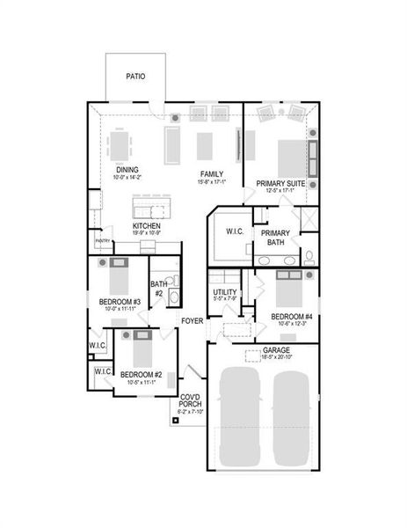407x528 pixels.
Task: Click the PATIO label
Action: click(x=134, y=77)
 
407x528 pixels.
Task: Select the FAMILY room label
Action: click(x=211, y=174)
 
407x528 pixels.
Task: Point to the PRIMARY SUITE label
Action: click(x=280, y=183)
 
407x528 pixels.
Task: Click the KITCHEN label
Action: click(x=146, y=225)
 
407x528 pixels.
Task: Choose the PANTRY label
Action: click(x=103, y=239)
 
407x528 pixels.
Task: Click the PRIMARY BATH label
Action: click(x=275, y=237)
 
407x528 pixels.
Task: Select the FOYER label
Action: click(x=193, y=320)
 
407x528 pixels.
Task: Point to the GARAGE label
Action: click(x=278, y=349)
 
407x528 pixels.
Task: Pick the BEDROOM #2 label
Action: click(x=141, y=375)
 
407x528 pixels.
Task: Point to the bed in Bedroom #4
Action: click(x=291, y=289)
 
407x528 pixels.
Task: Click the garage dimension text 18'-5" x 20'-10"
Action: click(x=278, y=356)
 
